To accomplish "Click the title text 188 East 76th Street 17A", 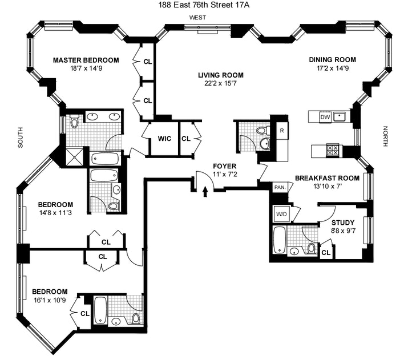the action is (x=199, y=5).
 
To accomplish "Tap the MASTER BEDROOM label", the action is (x=86, y=60).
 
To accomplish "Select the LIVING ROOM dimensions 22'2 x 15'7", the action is (x=221, y=84).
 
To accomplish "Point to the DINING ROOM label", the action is (x=332, y=60).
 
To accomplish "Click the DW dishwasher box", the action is (x=325, y=117).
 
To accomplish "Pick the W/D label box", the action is (x=281, y=215).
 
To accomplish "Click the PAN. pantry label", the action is (x=280, y=187).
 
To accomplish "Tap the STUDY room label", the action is (x=343, y=223).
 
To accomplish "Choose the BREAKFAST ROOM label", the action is (x=327, y=178).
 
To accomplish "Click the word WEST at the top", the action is (x=198, y=18).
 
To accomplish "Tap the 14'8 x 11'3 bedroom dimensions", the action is (x=55, y=213).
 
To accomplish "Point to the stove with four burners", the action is (x=333, y=151).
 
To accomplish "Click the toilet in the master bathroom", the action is (x=75, y=121).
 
